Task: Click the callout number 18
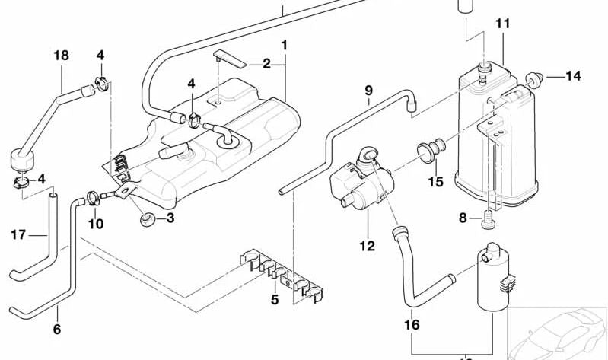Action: click(x=61, y=55)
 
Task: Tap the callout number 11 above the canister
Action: click(x=502, y=24)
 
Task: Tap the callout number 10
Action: click(x=95, y=224)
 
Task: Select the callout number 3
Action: click(x=170, y=218)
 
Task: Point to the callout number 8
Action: click(x=462, y=218)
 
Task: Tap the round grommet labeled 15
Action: click(x=432, y=148)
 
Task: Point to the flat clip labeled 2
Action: click(x=228, y=58)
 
